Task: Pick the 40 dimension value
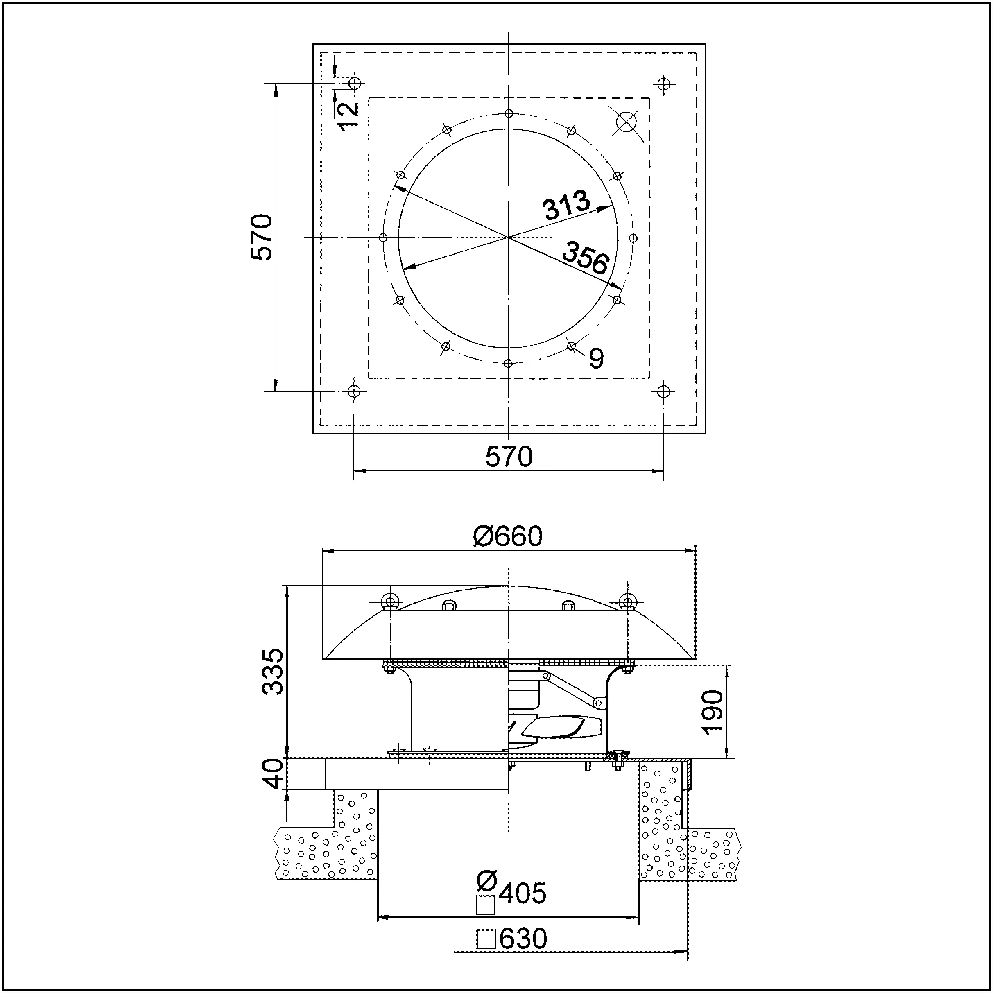(x=272, y=774)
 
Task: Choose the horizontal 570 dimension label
(x=509, y=457)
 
